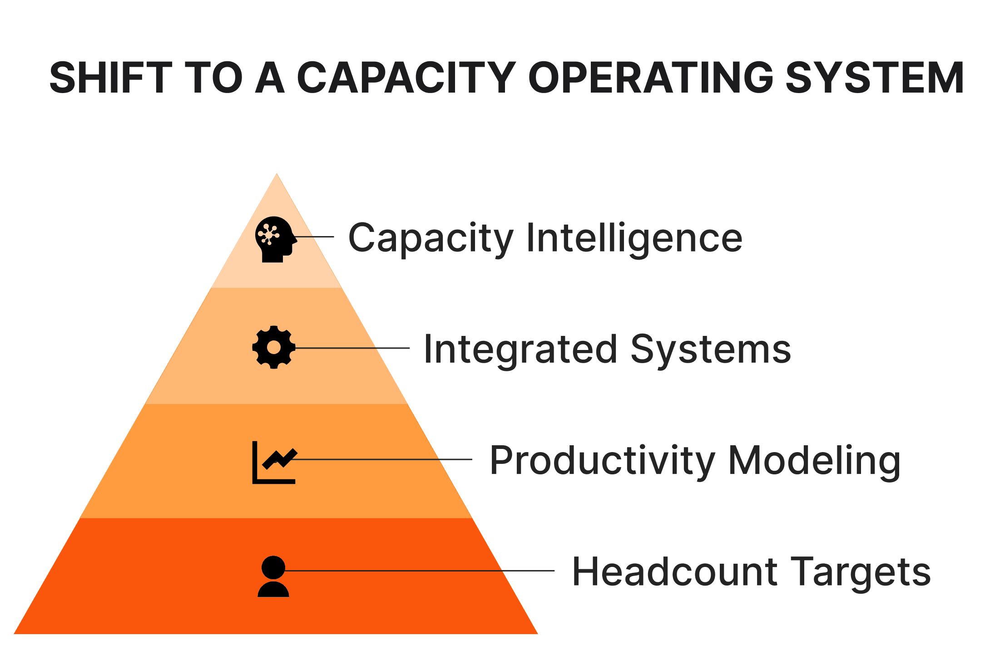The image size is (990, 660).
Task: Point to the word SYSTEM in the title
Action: (x=874, y=78)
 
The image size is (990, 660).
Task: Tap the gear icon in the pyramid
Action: (x=274, y=347)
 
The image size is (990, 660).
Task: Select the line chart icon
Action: (x=274, y=462)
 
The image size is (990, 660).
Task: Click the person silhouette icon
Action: (x=273, y=576)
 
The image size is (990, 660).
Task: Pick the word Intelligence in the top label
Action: (x=634, y=238)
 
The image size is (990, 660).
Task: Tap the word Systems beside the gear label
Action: (x=711, y=349)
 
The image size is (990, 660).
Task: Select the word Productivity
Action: (x=602, y=460)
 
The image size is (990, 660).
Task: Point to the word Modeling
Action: (x=814, y=460)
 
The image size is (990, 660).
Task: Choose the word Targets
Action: (x=861, y=572)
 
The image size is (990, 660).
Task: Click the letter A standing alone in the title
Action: (x=270, y=78)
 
